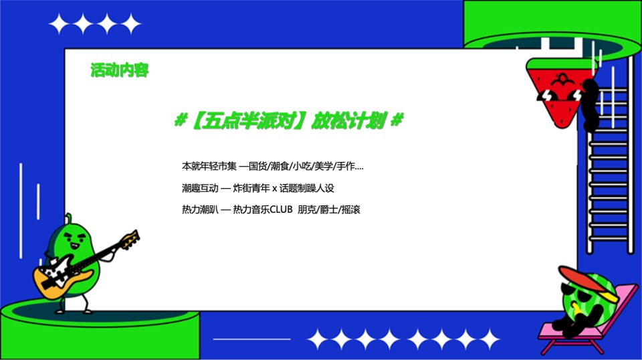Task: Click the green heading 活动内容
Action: tap(120, 70)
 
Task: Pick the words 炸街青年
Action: tap(250, 188)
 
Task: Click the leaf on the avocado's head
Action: tap(68, 219)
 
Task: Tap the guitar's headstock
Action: tap(130, 238)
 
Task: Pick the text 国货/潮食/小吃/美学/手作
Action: tap(308, 166)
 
